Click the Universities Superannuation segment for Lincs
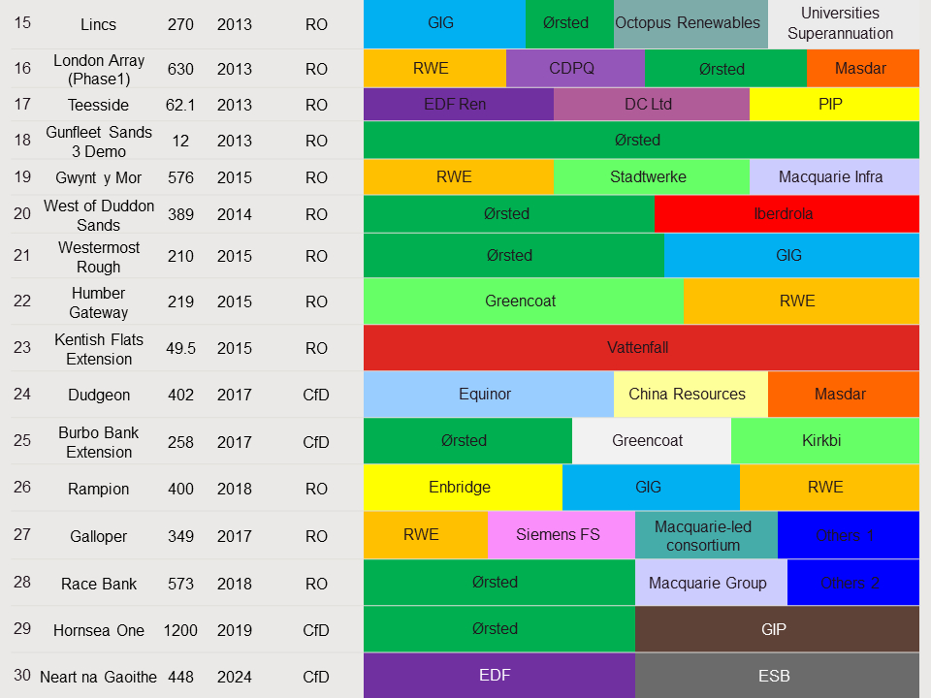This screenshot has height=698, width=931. pyautogui.click(x=840, y=23)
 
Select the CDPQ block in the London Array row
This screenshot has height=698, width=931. pyautogui.click(x=574, y=69)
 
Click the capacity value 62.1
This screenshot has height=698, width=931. pyautogui.click(x=181, y=104)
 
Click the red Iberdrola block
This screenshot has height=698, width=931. pyautogui.click(x=786, y=213)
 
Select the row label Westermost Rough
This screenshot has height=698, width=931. pyautogui.click(x=98, y=256)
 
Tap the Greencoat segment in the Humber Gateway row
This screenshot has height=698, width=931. pyautogui.click(x=522, y=301)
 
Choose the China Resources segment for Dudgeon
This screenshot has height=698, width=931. pyautogui.click(x=689, y=394)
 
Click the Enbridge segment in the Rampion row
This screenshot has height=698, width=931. pyautogui.click(x=461, y=487)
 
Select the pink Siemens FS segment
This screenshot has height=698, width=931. pyautogui.click(x=560, y=534)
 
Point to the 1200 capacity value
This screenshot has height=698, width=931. pyautogui.click(x=180, y=630)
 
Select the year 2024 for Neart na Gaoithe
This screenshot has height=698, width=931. pyautogui.click(x=235, y=677)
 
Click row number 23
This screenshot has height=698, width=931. pyautogui.click(x=22, y=347)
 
